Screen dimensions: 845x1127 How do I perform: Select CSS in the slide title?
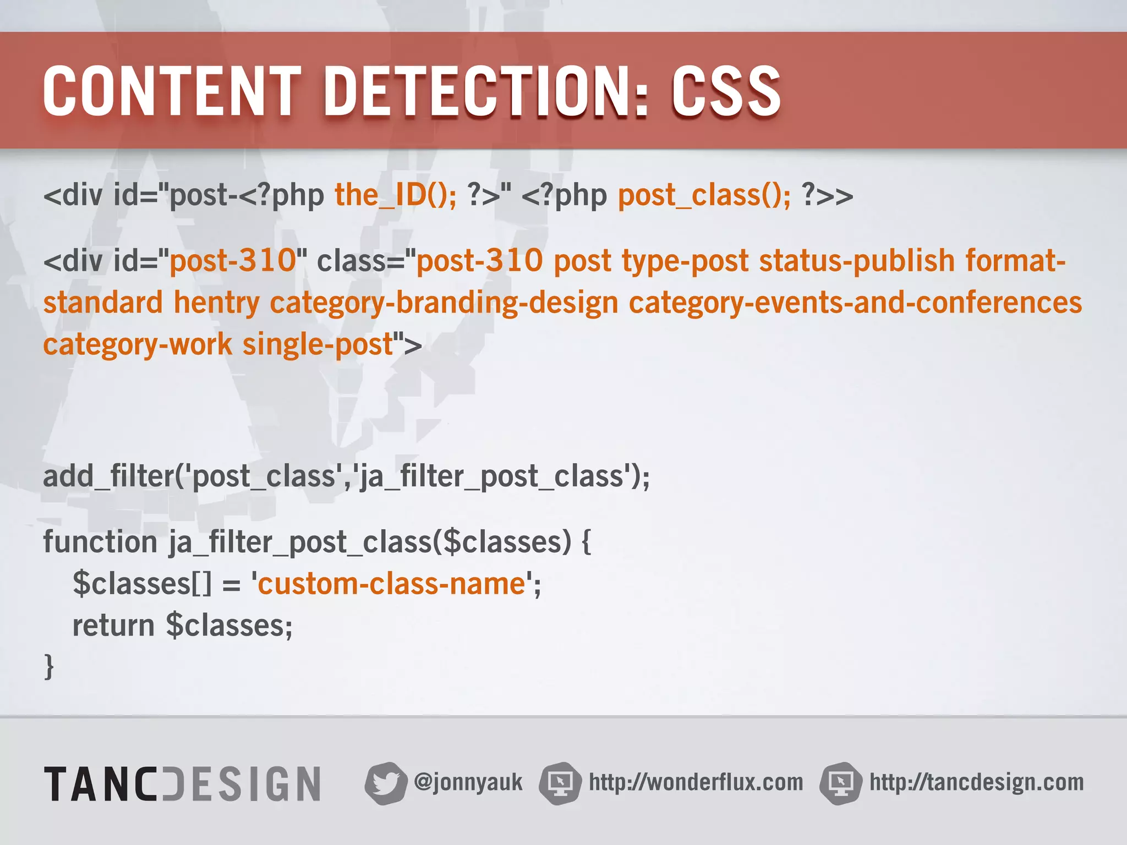[x=726, y=91]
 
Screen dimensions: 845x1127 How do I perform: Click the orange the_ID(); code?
[x=396, y=195]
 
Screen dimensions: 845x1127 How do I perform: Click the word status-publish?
[x=857, y=260]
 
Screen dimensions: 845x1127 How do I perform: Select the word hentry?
[x=216, y=303]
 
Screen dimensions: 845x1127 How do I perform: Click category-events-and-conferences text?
[x=855, y=303]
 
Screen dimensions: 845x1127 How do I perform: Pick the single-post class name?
[x=318, y=344]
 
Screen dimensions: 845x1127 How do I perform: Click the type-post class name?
[x=685, y=260]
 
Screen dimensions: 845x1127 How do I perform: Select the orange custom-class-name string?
[x=391, y=584]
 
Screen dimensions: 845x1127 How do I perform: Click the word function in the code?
[x=101, y=542]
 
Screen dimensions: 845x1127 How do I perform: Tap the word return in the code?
[x=113, y=625]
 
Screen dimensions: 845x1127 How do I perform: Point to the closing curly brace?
[x=49, y=667]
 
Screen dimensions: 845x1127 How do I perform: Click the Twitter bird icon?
[x=385, y=783]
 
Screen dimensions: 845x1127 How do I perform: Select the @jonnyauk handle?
[x=468, y=782]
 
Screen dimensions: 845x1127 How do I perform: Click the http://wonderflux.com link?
[x=696, y=782]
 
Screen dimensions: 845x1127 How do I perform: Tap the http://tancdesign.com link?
[x=976, y=782]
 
